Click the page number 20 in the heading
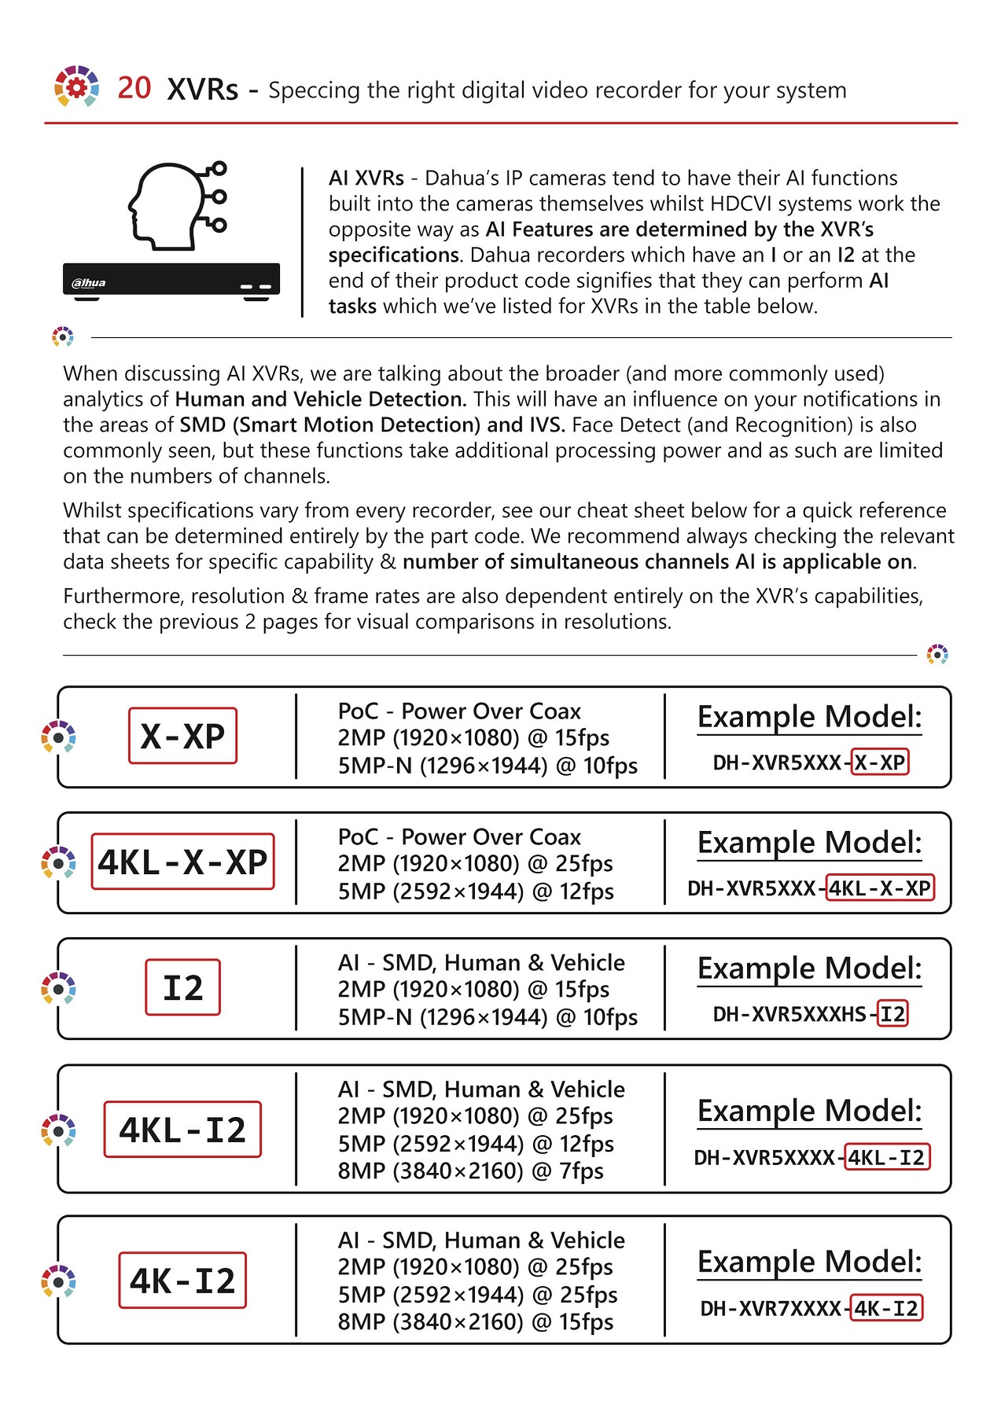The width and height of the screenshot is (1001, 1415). (134, 88)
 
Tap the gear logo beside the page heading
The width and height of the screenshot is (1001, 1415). (76, 86)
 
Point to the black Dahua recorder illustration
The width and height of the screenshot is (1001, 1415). (171, 280)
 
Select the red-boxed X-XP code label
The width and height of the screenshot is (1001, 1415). (182, 737)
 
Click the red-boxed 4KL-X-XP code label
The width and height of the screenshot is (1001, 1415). (182, 862)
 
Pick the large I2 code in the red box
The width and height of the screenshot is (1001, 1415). (182, 988)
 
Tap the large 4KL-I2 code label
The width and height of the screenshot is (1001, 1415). (182, 1130)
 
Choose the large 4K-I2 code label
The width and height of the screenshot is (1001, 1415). (182, 1281)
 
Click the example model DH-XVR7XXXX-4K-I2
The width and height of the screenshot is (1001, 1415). (810, 1309)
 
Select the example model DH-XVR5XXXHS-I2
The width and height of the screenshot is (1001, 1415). (810, 1014)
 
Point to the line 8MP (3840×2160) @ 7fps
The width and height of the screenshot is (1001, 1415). (470, 1171)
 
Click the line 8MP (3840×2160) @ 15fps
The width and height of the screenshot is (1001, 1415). (475, 1322)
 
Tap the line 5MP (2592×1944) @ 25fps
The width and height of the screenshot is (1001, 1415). (477, 1295)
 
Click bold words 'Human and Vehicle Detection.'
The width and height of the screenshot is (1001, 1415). (321, 399)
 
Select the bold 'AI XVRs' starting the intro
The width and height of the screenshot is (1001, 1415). (366, 178)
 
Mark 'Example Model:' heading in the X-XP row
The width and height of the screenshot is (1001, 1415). (809, 717)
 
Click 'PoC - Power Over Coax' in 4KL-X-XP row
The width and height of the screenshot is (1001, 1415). (459, 837)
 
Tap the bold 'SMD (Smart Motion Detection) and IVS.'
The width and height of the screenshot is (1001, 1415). (372, 425)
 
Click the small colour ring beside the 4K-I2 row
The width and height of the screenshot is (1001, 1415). (58, 1281)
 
